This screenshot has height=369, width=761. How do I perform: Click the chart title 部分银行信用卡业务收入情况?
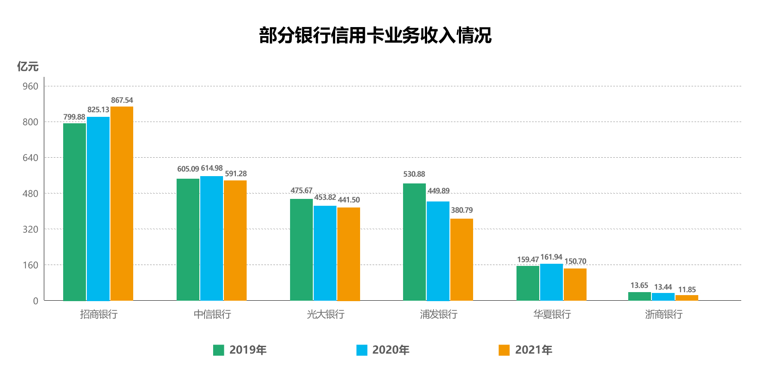pyautogui.click(x=375, y=35)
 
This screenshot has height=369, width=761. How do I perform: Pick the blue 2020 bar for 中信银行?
pyautogui.click(x=211, y=238)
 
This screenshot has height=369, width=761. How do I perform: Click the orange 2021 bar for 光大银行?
pyautogui.click(x=348, y=254)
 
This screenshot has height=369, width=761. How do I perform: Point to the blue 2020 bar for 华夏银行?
pyautogui.click(x=551, y=282)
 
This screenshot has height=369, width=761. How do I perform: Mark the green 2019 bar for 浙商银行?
pyautogui.click(x=639, y=296)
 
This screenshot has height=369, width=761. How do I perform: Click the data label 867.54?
pyautogui.click(x=122, y=101)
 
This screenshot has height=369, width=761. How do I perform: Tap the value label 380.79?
pyautogui.click(x=461, y=210)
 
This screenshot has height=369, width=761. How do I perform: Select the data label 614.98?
pyautogui.click(x=212, y=168)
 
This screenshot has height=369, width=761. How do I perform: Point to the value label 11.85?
pyautogui.click(x=687, y=290)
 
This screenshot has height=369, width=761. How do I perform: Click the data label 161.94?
pyautogui.click(x=551, y=257)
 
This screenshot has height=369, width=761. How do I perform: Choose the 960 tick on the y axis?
pyautogui.click(x=31, y=86)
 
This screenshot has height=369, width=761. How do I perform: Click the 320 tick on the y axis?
pyautogui.click(x=31, y=229)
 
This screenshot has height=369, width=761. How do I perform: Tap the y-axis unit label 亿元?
pyautogui.click(x=28, y=67)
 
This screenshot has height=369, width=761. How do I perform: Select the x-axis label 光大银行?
pyautogui.click(x=325, y=314)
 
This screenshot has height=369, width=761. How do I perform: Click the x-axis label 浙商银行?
pyautogui.click(x=663, y=314)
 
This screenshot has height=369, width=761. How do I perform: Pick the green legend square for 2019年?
pyautogui.click(x=218, y=350)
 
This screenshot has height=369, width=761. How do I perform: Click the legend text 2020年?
pyautogui.click(x=391, y=350)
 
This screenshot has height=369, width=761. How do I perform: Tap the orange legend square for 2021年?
pyautogui.click(x=504, y=350)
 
